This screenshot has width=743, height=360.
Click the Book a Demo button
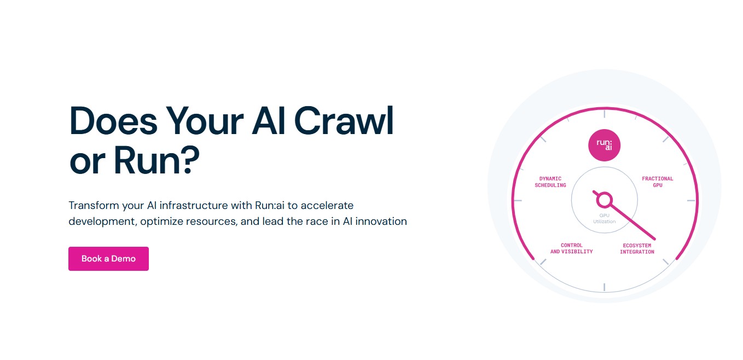coord(108,259)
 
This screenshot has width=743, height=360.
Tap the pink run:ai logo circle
coord(605,146)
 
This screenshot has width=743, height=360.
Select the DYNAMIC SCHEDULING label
coord(550,182)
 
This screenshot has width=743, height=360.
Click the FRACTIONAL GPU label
coord(658,182)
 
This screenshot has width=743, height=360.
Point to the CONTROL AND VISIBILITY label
coord(572,248)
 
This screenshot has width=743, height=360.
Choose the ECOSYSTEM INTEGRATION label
coord(637,248)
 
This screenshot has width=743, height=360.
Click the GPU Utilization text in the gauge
coord(605,218)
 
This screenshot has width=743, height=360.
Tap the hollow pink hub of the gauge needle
coord(605,200)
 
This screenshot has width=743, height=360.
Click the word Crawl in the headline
coord(344,121)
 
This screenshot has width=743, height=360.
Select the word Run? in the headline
coord(156,160)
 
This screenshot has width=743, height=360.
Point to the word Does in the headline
coord(113,121)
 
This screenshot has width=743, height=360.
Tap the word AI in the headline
coord(268,121)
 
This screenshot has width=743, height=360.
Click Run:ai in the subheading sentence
coord(269,205)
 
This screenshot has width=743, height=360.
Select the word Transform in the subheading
coord(94,205)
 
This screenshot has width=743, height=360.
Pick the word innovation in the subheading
coord(381,222)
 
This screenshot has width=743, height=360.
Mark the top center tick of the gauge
coord(605,114)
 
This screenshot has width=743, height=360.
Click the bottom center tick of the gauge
coord(605,287)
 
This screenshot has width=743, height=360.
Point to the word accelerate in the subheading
coord(327,205)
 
